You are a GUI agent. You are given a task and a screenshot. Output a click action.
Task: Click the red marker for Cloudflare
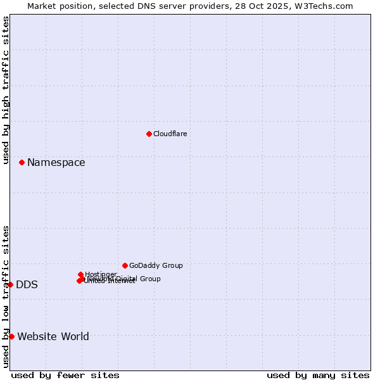coord(149,134)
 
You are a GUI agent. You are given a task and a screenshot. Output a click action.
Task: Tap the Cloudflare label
coord(170,134)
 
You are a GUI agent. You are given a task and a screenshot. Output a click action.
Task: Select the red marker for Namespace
coord(22,163)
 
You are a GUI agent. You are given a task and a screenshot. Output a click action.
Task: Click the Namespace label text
coord(56,163)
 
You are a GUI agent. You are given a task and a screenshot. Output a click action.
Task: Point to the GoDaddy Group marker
coord(125,265)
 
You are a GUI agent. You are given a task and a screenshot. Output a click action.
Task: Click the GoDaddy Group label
coord(156,265)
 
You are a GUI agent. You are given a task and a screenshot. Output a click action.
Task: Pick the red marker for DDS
coord(11,284)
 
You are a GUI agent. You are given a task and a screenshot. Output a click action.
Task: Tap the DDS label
coord(27,284)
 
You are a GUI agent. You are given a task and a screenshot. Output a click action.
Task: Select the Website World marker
coord(11,336)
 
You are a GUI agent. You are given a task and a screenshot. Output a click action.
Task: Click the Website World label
coord(53,336)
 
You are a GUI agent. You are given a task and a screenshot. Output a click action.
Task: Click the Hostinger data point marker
coord(81,274)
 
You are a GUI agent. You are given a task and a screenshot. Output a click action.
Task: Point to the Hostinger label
coord(101,274)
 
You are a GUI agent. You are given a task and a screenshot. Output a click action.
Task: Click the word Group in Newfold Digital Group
coord(149,279)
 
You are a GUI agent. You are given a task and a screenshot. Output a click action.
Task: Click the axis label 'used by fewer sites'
coord(65,375)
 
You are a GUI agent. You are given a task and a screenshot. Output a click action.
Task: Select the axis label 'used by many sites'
coord(318,375)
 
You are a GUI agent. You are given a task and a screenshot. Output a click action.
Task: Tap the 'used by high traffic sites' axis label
coord(6,90)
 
